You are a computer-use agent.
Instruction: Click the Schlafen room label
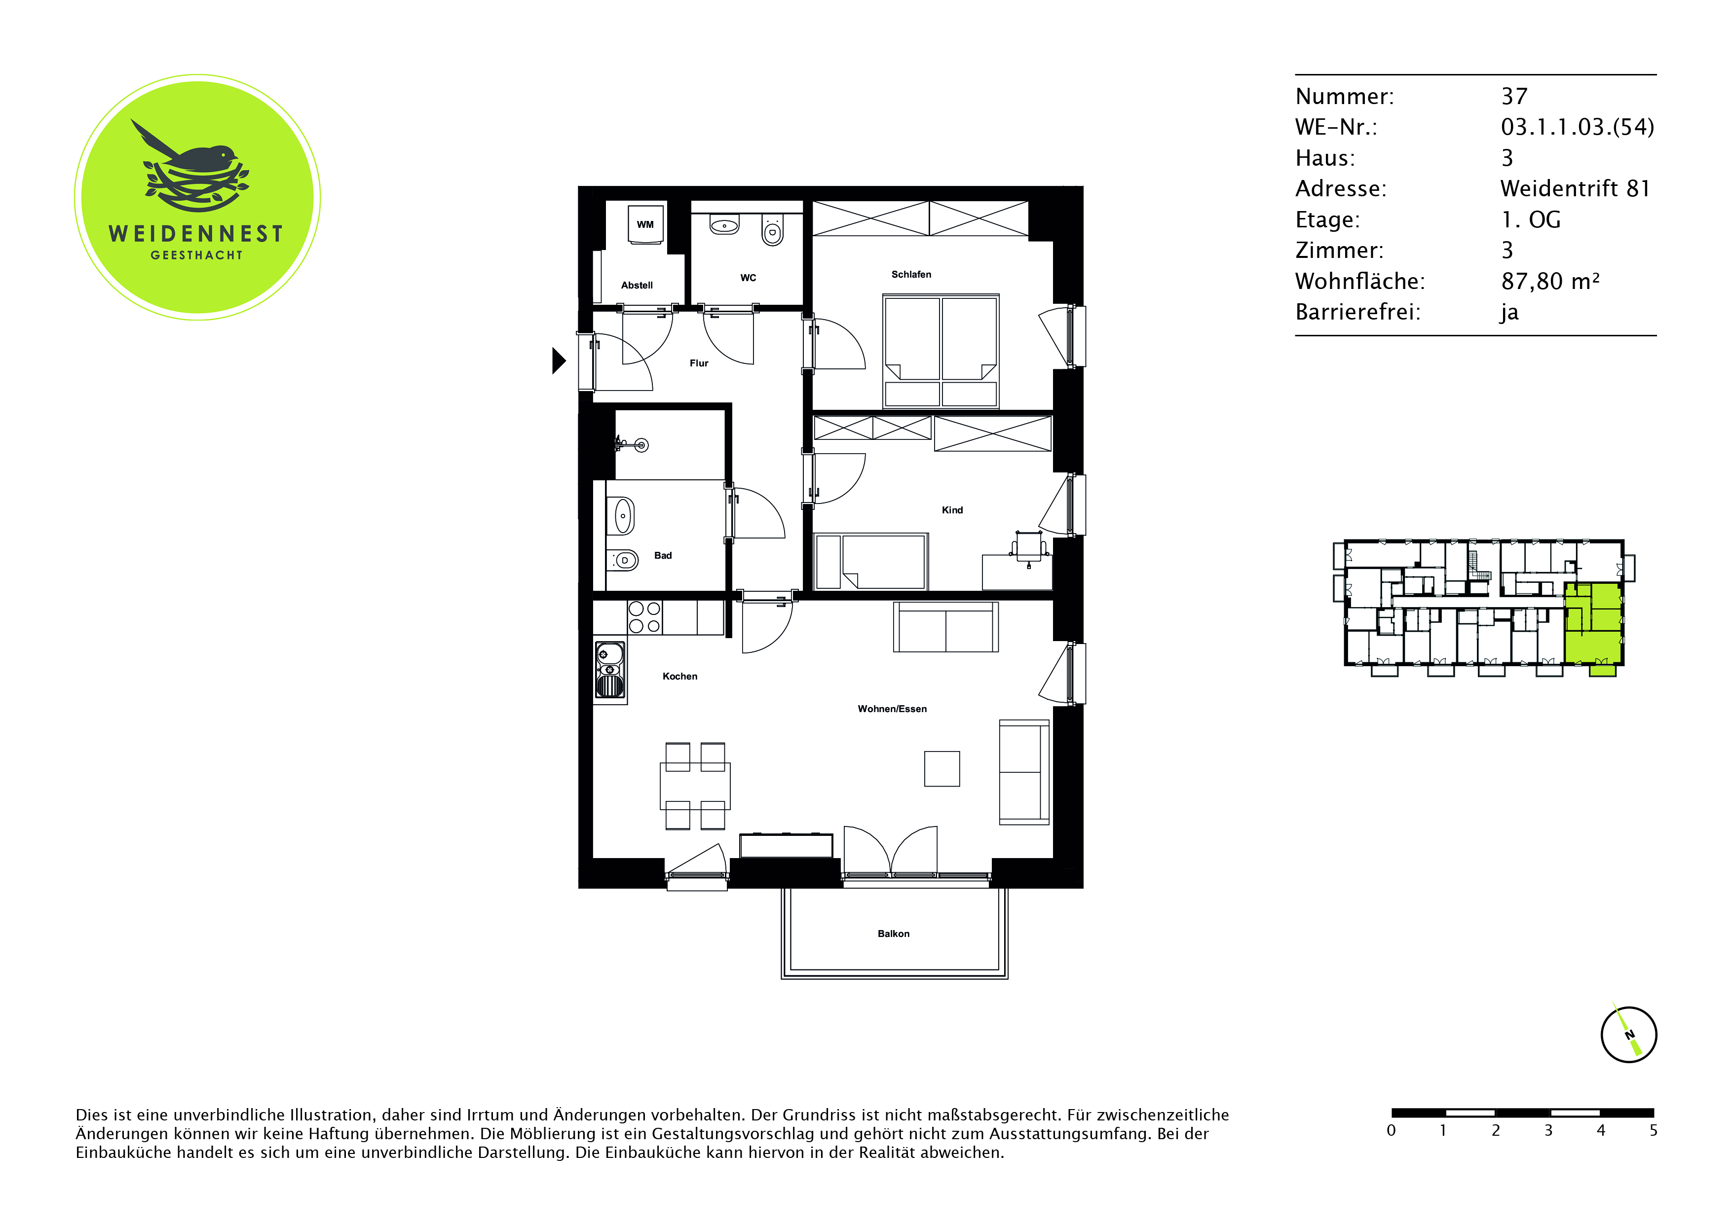(x=911, y=274)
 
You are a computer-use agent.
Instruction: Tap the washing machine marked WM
(x=645, y=224)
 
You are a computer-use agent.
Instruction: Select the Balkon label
(x=894, y=934)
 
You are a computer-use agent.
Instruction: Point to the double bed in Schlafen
(x=941, y=351)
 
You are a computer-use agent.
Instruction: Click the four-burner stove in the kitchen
(x=644, y=616)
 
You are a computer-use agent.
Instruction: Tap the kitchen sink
(x=610, y=671)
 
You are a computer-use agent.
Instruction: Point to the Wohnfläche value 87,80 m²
(x=1550, y=281)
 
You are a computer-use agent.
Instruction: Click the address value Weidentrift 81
(x=1575, y=188)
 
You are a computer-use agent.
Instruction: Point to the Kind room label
(x=952, y=510)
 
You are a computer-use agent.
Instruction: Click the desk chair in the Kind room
(x=1029, y=546)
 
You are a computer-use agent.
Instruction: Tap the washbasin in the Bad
(x=622, y=516)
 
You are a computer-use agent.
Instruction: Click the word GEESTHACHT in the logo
(x=197, y=255)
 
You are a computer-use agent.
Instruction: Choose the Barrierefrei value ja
(x=1509, y=312)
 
